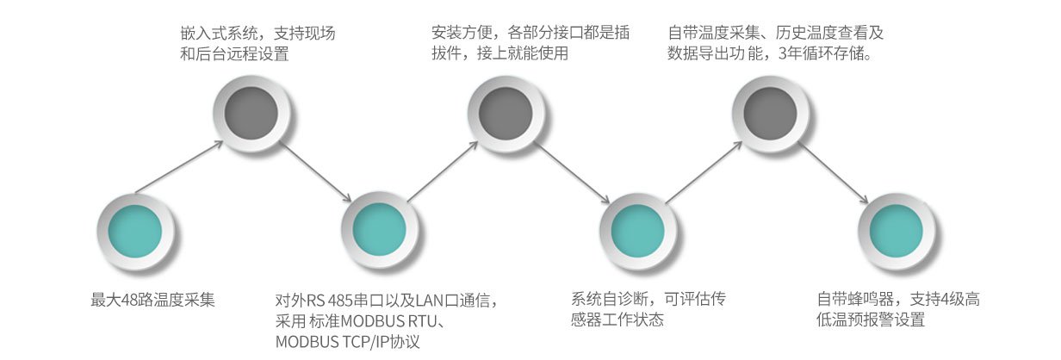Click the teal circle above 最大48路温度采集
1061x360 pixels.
click(x=137, y=232)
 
